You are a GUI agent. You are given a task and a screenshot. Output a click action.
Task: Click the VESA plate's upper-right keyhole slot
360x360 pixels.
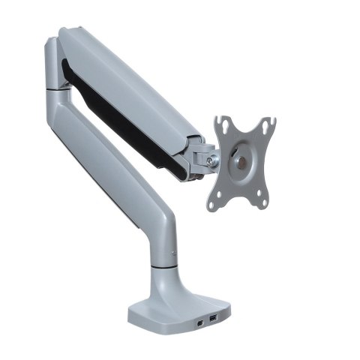[x=267, y=121]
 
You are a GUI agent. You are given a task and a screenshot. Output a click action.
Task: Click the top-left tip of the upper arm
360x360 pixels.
[x=64, y=34]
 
